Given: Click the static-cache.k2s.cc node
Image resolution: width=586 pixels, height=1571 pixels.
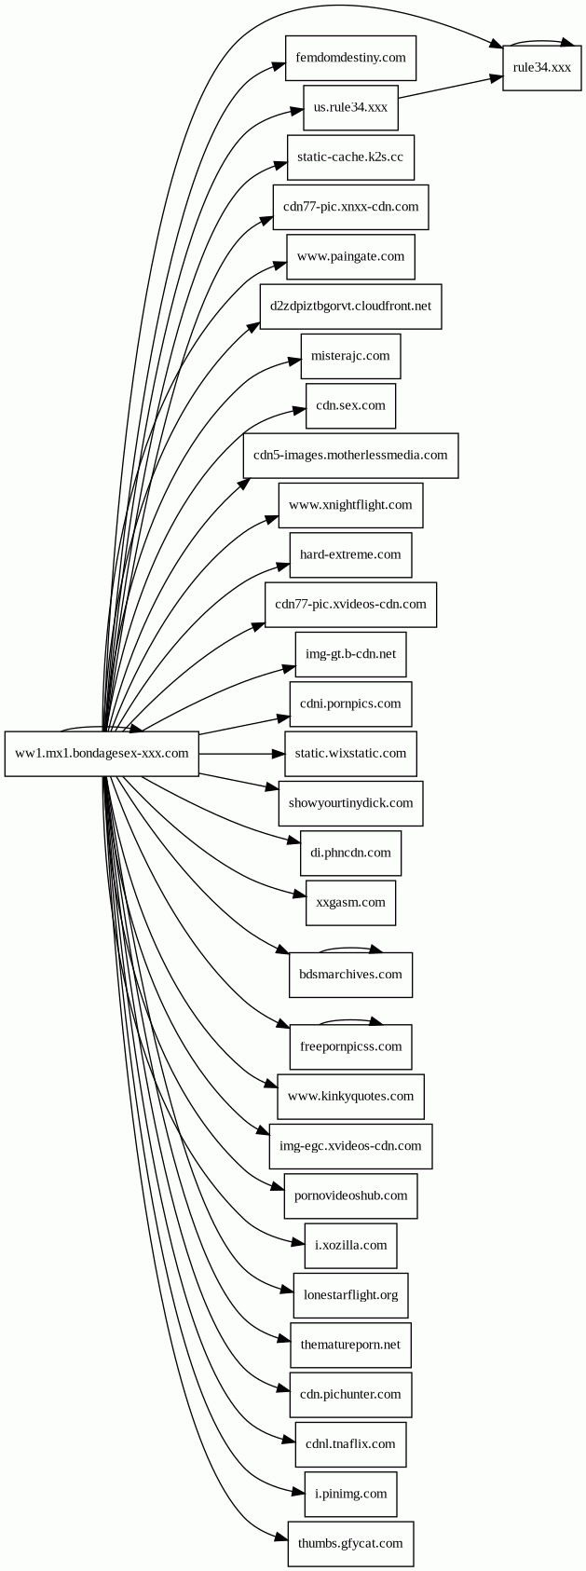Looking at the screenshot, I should (x=349, y=157).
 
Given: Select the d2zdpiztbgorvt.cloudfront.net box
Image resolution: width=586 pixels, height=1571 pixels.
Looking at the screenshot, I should (x=350, y=306).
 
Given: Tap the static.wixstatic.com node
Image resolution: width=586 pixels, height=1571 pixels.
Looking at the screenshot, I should (x=350, y=753).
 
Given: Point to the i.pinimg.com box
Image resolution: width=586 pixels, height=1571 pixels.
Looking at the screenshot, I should (x=350, y=1494).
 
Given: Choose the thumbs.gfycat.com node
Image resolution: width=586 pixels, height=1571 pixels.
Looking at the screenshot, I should (x=350, y=1543).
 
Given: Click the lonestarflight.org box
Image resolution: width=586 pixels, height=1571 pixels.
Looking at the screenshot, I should (x=350, y=1295).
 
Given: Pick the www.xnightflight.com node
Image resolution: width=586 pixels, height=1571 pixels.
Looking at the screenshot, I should (x=350, y=505).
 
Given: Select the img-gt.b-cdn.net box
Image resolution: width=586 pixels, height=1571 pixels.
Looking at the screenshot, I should (x=350, y=654).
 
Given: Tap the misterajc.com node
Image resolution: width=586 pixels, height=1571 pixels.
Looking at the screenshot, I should (x=350, y=356).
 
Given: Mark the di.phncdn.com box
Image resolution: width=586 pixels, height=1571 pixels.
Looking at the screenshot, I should (x=350, y=853).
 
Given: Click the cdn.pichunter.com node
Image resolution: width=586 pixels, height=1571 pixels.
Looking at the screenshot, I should (x=350, y=1395).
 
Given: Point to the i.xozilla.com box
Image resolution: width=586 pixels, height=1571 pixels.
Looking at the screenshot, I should (x=350, y=1245).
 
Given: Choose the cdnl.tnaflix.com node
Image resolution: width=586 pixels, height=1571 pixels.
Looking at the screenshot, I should (x=350, y=1444).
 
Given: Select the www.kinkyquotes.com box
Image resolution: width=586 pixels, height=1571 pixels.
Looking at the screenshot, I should (x=350, y=1096).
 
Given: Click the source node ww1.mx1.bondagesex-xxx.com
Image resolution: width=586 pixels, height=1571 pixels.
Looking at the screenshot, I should (x=102, y=753).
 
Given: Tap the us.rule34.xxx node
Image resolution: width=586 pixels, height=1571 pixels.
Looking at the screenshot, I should (x=350, y=107).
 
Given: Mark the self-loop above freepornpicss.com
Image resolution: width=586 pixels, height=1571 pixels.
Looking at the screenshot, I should (x=350, y=1020).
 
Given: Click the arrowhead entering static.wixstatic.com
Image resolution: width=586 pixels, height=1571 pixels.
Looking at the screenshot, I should (x=278, y=753).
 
